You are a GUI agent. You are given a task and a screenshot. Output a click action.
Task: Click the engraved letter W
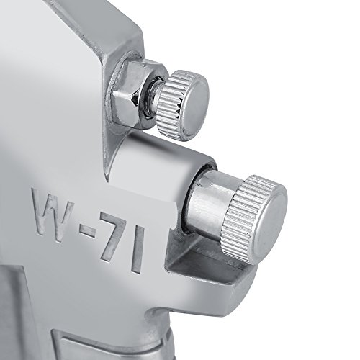[x=53, y=212]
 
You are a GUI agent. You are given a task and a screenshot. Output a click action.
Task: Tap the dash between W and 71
[x=87, y=230]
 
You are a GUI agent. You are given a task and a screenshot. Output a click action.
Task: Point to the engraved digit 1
[x=138, y=250]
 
